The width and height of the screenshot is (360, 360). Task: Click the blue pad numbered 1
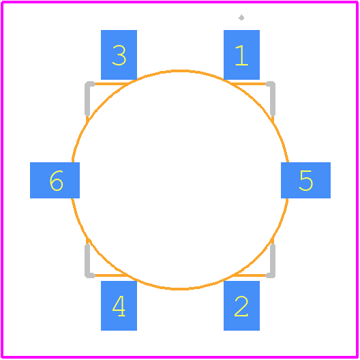(x=241, y=55)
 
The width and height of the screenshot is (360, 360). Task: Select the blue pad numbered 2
(x=241, y=305)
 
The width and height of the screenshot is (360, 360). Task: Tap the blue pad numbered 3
(x=119, y=55)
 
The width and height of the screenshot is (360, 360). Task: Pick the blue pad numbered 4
(x=119, y=305)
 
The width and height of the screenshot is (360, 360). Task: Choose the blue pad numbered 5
(x=306, y=180)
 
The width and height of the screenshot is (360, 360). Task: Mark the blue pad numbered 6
(x=55, y=180)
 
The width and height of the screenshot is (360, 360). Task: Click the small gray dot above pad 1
(x=241, y=18)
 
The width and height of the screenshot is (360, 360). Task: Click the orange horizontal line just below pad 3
(x=112, y=84)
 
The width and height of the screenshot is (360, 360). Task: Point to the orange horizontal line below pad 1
(x=248, y=84)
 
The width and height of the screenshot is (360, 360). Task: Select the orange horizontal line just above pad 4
(x=112, y=275)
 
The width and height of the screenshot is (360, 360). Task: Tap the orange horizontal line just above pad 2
(x=249, y=275)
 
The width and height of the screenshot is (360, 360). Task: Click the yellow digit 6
(x=56, y=181)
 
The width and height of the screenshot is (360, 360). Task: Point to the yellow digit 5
(x=306, y=181)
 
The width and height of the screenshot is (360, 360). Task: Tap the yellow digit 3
(x=119, y=55)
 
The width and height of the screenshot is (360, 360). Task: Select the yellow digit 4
(x=119, y=306)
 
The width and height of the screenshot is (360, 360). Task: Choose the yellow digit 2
(x=241, y=306)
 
